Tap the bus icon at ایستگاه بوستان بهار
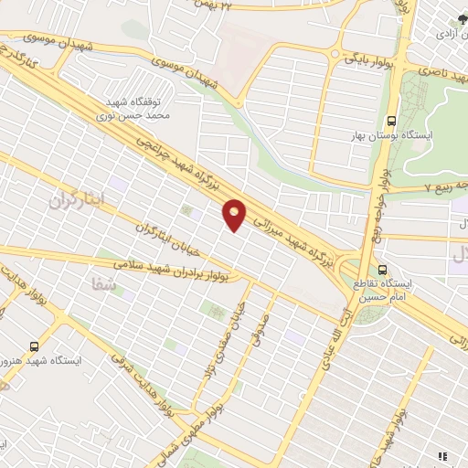coord(392,120)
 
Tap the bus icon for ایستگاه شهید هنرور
coord(34,346)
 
